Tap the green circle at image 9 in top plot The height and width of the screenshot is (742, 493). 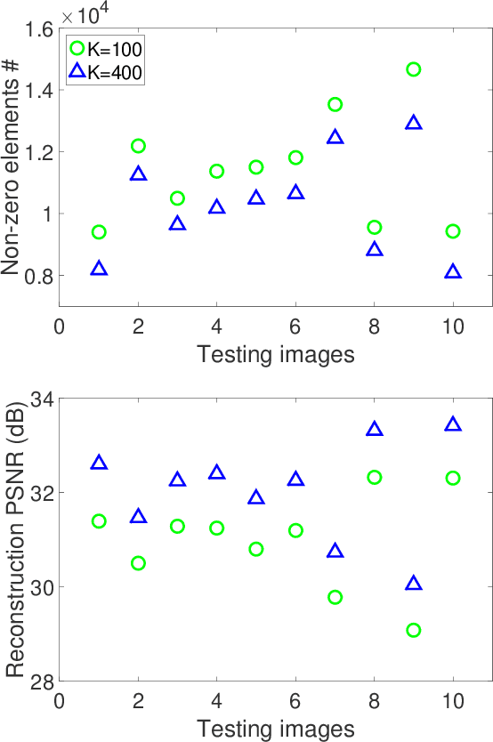[413, 69]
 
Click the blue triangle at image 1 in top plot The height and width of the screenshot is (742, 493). [99, 269]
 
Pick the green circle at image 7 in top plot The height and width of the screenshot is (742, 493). [335, 105]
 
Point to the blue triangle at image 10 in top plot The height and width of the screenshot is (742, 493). [453, 271]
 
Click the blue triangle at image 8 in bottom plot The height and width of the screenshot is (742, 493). [374, 430]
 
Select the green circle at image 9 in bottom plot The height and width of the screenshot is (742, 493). [413, 630]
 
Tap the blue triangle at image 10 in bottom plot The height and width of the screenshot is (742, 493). [453, 425]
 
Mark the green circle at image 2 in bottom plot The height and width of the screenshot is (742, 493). [138, 563]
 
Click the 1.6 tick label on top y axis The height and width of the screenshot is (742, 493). [36, 29]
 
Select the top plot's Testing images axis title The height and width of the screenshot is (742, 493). [275, 355]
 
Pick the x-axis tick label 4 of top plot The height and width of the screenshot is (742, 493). [216, 327]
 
